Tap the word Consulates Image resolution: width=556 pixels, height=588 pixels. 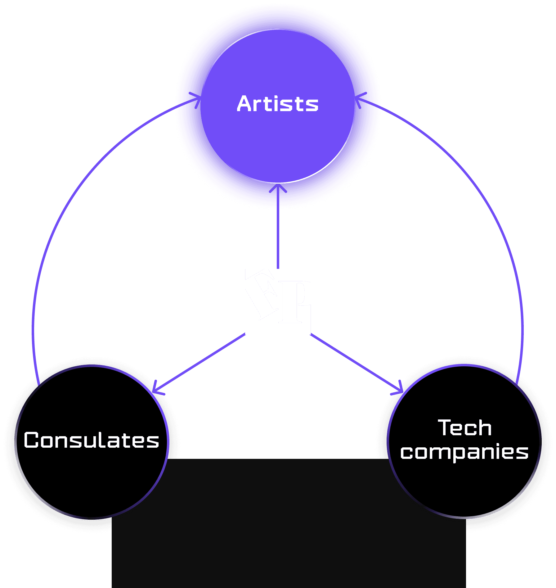click(x=92, y=440)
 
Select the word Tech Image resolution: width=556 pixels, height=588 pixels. click(x=464, y=428)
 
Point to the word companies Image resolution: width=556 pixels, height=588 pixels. click(x=464, y=453)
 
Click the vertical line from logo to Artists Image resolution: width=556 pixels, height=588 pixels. click(x=278, y=236)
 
